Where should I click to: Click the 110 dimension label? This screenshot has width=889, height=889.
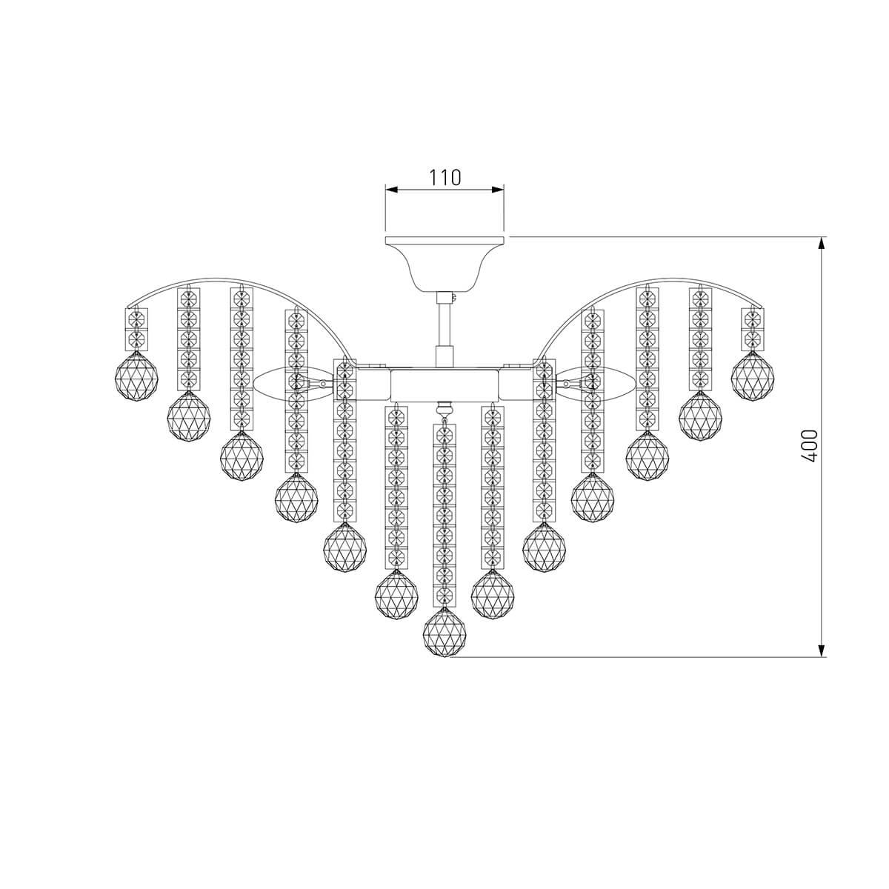445,177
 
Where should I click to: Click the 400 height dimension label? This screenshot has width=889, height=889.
808,446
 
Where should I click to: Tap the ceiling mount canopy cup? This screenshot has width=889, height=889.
444,264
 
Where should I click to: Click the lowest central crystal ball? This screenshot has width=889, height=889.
444,632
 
